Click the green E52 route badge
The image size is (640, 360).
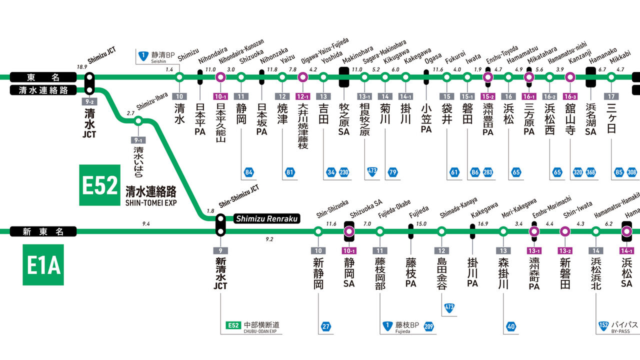100,185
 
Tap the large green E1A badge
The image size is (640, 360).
43,264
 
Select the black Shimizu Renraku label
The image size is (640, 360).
266,218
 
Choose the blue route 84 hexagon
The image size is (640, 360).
249,173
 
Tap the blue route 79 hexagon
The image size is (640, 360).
392,173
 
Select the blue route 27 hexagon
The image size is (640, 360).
325,327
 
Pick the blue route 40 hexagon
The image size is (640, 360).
510,327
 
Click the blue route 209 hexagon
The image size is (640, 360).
428,327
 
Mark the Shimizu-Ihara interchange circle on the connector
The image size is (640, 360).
138,120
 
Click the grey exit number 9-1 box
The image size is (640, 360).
138,140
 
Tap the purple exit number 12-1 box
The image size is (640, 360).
302,95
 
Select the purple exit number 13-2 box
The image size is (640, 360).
565,250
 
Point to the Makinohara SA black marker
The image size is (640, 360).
344,77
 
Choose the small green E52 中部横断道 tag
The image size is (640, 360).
233,325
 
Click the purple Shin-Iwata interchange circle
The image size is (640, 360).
565,231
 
